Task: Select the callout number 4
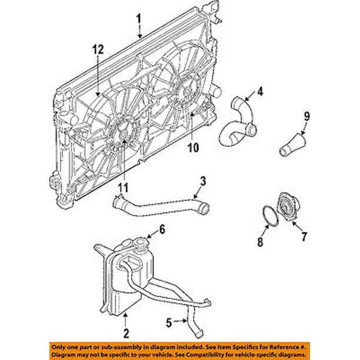[259, 91]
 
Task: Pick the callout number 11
[122, 188]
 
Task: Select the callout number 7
[305, 238]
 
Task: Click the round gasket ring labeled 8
[269, 214]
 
